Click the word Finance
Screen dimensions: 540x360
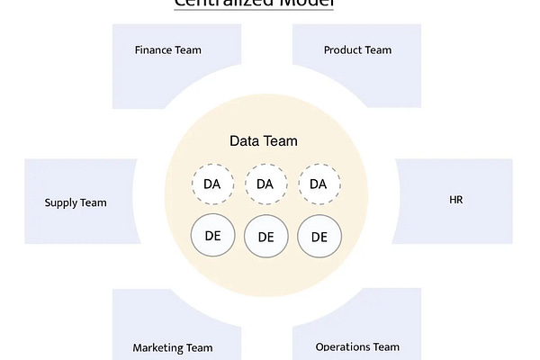(x=153, y=50)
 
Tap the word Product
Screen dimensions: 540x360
(x=343, y=50)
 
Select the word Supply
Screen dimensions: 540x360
(x=61, y=202)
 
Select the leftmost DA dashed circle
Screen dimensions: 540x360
(x=212, y=184)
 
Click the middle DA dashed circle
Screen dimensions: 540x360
(x=265, y=184)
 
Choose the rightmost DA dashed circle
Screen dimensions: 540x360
(x=319, y=184)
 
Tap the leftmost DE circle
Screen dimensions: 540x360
(x=212, y=236)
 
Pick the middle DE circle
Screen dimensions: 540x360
(x=265, y=237)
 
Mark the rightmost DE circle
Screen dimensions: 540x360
(x=319, y=237)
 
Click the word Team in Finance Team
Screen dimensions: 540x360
(x=188, y=50)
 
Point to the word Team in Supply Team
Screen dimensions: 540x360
(x=94, y=202)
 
